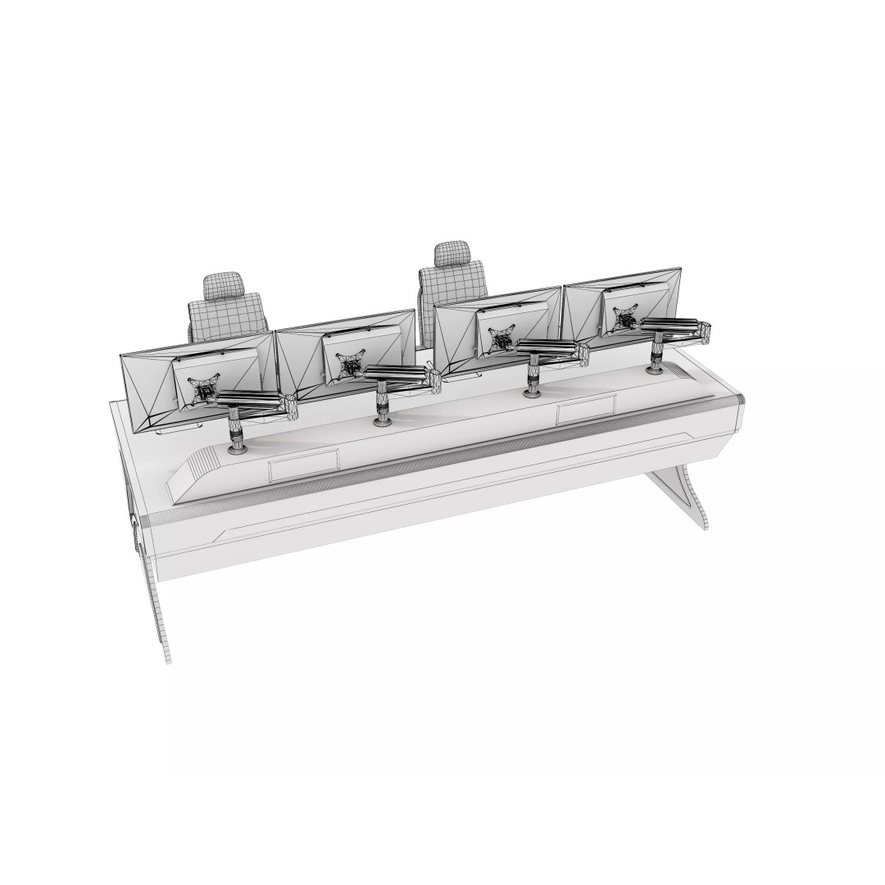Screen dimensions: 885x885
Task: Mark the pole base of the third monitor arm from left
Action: coord(533,392)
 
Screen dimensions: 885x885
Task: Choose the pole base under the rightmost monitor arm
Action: coord(656,369)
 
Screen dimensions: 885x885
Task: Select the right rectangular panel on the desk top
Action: coord(585,408)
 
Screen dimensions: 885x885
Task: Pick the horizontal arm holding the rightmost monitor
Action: coord(676,327)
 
